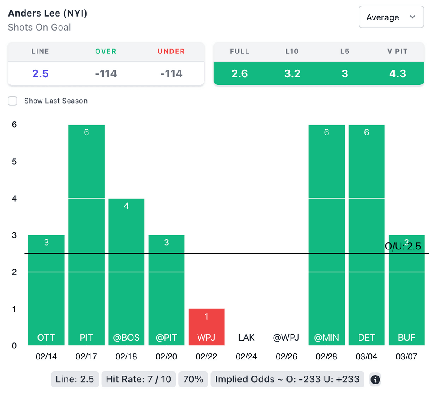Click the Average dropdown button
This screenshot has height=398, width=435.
coord(391,17)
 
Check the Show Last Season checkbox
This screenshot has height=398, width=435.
coord(13,101)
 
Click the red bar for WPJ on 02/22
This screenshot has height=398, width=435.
coord(206,327)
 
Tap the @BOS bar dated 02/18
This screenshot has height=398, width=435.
coord(127,272)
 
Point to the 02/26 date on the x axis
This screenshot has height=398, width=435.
coord(286,357)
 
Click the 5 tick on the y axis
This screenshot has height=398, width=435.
coord(14,162)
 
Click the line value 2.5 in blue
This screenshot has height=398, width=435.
coord(40,73)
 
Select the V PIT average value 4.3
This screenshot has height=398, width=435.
coord(398,73)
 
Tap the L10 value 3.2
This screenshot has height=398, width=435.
coord(292,73)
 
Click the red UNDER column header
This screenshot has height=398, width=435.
coord(171,51)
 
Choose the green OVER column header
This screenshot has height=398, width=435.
coord(106,51)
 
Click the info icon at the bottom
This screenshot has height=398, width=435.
coord(375,379)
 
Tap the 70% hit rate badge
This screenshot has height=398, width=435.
coord(193,379)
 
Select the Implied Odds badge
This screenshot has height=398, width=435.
coord(287,379)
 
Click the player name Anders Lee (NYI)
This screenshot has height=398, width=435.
coord(48,13)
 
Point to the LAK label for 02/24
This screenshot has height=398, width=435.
coord(246,338)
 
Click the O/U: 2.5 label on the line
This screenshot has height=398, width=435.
coord(403,246)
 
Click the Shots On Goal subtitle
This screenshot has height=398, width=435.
coord(40,28)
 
